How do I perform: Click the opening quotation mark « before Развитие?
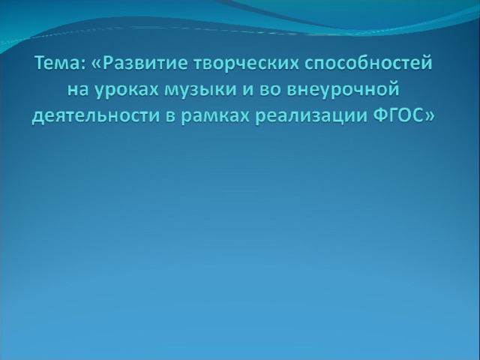tap(96, 64)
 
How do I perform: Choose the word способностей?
tap(369, 64)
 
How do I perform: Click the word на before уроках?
tap(78, 90)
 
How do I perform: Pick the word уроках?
tap(126, 91)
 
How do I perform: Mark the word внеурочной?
tap(343, 90)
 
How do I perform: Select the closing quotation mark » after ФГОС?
tap(428, 118)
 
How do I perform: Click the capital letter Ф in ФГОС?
tap(380, 116)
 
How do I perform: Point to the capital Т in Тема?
tap(40, 63)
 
